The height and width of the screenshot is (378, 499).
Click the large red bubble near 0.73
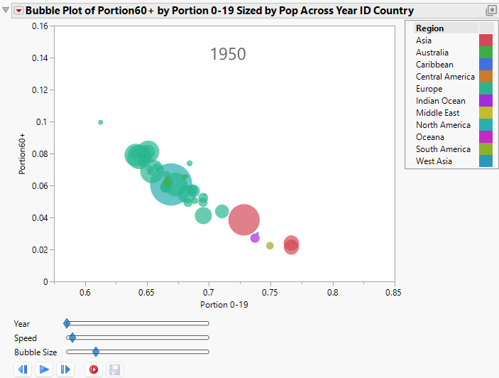point(244,220)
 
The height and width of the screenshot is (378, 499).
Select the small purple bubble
point(255,238)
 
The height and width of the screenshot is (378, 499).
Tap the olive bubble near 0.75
point(270,246)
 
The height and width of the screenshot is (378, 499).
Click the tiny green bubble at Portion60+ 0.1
point(101,122)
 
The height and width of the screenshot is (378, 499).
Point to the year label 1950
point(228,54)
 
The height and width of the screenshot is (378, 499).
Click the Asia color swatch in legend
point(486,40)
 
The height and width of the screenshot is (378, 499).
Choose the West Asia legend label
point(434,161)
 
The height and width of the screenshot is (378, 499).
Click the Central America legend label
point(445,77)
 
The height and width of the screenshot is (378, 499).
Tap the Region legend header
point(430,28)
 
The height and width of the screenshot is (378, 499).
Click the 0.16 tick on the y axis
point(40,26)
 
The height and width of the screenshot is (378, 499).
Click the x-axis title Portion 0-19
point(224,305)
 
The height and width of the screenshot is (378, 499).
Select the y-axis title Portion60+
point(24,153)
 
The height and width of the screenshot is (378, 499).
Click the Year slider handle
point(67,323)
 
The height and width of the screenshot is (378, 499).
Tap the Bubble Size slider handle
point(96,352)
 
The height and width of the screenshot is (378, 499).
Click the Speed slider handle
point(72,337)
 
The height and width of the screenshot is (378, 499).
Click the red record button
point(93,369)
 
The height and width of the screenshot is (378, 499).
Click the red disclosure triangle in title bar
point(19,11)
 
